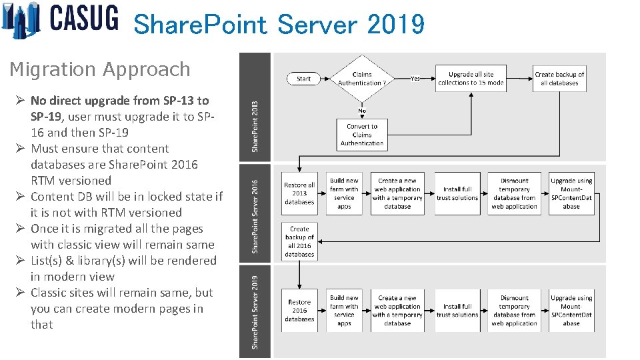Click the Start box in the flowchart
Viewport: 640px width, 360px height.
pyautogui.click(x=303, y=79)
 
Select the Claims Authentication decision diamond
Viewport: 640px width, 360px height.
pyautogui.click(x=361, y=79)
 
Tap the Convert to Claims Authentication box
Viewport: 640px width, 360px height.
pyautogui.click(x=362, y=135)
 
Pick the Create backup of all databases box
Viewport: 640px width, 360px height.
pyautogui.click(x=559, y=79)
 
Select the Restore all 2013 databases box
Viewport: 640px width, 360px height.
pyautogui.click(x=299, y=193)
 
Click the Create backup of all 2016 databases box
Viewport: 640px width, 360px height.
pyautogui.click(x=299, y=241)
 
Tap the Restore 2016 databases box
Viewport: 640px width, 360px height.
pyautogui.click(x=299, y=310)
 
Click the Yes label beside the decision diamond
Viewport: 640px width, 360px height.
pyautogui.click(x=415, y=78)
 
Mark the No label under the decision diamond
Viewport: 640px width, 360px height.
pyautogui.click(x=361, y=111)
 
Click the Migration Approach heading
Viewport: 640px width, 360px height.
pyautogui.click(x=100, y=69)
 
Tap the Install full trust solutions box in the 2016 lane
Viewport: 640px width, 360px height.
pyautogui.click(x=457, y=193)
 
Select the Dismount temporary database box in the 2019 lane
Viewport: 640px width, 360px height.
pyautogui.click(x=514, y=311)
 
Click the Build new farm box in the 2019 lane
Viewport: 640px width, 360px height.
pyautogui.click(x=344, y=311)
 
